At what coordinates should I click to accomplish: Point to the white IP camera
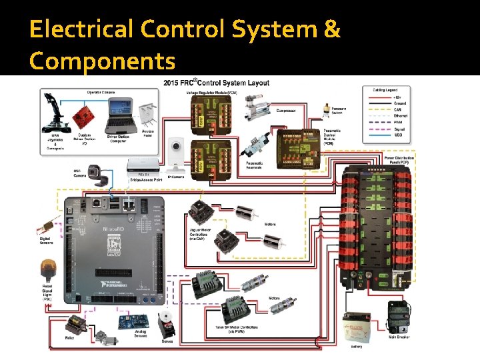tap(176, 151)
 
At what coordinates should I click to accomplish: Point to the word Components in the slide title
tap(102, 61)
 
